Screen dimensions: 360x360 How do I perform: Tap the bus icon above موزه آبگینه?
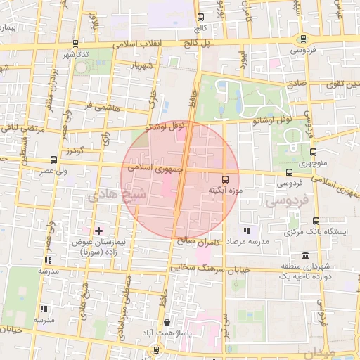(x=225, y=179)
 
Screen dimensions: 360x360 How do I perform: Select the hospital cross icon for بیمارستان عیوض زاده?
(x=98, y=230)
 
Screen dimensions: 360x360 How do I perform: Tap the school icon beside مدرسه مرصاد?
(x=246, y=231)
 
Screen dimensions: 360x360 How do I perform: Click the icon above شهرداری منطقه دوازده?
(x=304, y=255)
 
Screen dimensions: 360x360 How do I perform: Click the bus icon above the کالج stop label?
(x=200, y=17)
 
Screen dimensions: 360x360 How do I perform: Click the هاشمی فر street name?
(x=98, y=106)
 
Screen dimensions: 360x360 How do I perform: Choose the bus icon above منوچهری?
(x=313, y=152)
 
